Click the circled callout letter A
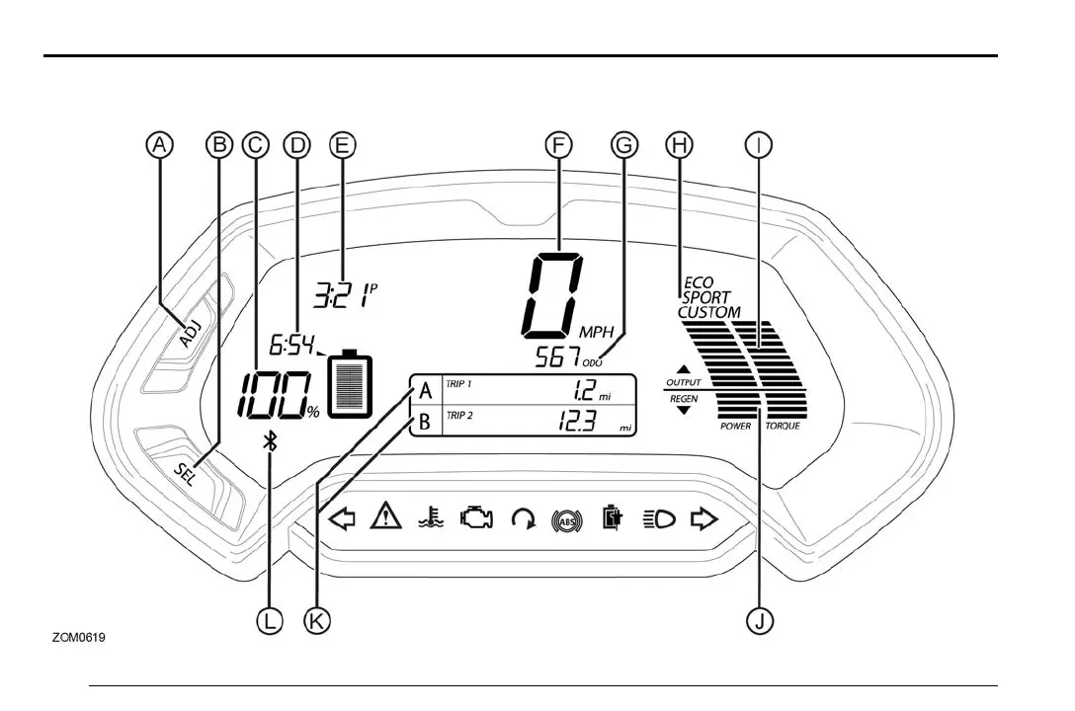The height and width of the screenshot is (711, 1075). click(159, 145)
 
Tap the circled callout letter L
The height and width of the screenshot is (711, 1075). click(269, 620)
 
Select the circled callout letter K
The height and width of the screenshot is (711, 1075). click(317, 620)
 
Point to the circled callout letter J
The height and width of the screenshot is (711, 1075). click(760, 620)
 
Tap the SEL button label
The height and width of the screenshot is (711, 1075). click(186, 471)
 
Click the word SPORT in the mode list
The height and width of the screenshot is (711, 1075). click(706, 297)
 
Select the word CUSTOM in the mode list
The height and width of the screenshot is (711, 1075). click(708, 312)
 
